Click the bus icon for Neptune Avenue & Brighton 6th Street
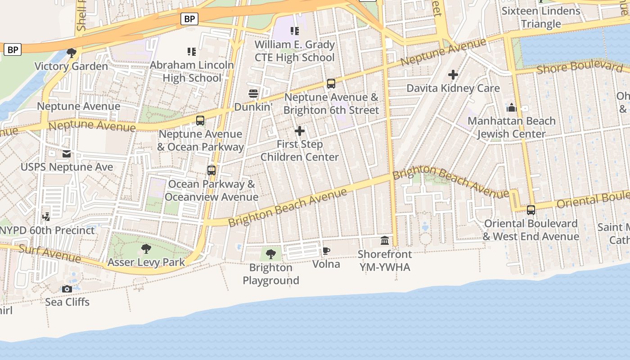pyautogui.click(x=331, y=83)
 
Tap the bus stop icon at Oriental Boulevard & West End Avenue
pyautogui.click(x=531, y=210)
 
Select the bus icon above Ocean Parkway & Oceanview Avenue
pyautogui.click(x=211, y=171)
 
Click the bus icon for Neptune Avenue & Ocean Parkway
pyautogui.click(x=200, y=121)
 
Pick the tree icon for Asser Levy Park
pyautogui.click(x=146, y=248)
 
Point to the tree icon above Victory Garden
pyautogui.click(x=71, y=53)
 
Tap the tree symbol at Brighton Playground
pyautogui.click(x=271, y=254)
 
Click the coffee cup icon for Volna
pyautogui.click(x=326, y=251)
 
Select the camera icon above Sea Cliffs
pyautogui.click(x=67, y=288)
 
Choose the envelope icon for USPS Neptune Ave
pyautogui.click(x=67, y=154)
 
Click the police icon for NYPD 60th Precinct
pyautogui.click(x=45, y=217)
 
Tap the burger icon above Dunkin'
pyautogui.click(x=253, y=94)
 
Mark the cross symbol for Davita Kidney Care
pyautogui.click(x=453, y=75)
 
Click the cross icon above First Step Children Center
pyautogui.click(x=300, y=131)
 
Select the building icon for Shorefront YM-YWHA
pyautogui.click(x=385, y=241)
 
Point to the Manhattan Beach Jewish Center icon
pyautogui.click(x=511, y=108)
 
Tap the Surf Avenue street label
pyautogui.click(x=49, y=254)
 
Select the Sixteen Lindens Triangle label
pyautogui.click(x=541, y=17)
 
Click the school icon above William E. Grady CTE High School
pyautogui.click(x=295, y=31)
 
